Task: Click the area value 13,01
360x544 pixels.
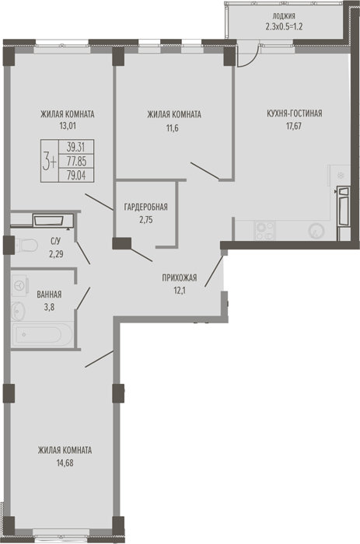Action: (x=68, y=126)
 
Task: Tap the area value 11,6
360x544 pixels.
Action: (x=173, y=128)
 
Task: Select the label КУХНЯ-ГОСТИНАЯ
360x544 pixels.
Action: (x=295, y=113)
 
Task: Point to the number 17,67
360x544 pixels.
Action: (x=294, y=126)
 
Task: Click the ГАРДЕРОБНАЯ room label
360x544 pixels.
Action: (x=146, y=207)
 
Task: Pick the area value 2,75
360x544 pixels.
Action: (x=146, y=220)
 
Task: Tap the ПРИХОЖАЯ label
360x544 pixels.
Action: (x=180, y=278)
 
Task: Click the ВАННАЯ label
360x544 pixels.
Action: (x=49, y=295)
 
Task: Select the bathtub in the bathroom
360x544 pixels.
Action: (x=42, y=335)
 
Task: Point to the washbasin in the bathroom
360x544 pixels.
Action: (x=18, y=311)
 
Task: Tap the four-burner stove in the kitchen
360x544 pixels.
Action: (x=265, y=231)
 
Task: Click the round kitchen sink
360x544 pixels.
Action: (x=316, y=231)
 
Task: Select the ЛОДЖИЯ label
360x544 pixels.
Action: (x=284, y=16)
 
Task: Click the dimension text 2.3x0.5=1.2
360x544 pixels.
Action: (x=284, y=26)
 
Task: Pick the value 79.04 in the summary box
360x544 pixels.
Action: (x=76, y=176)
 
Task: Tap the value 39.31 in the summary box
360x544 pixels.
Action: (x=76, y=147)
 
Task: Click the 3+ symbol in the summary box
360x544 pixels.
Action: (x=49, y=162)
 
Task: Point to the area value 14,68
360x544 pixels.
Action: (x=65, y=463)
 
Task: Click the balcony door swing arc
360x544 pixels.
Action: (x=253, y=59)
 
